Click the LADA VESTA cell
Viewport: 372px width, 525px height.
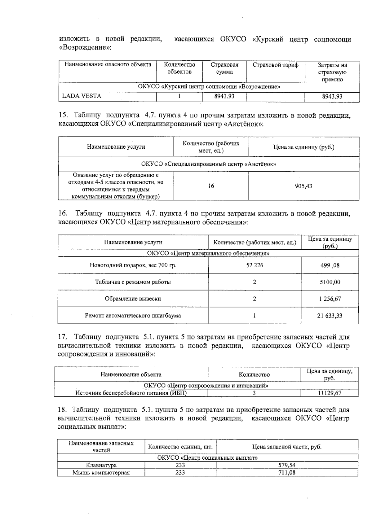[x=82, y=96]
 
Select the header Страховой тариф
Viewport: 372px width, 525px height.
[x=275, y=65]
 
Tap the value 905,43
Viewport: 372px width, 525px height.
[x=303, y=186]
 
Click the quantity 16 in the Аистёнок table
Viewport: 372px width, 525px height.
[x=211, y=186]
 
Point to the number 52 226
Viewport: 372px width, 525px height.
[x=255, y=265]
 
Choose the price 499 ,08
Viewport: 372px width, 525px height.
[x=330, y=265]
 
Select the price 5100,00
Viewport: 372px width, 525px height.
[x=330, y=282]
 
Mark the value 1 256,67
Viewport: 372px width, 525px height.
[x=330, y=299]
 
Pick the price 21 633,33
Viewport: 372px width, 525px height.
[x=330, y=316]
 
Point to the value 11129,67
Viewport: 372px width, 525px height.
[x=330, y=393]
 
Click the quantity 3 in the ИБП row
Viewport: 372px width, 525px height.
[x=254, y=393]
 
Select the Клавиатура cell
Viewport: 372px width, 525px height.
[x=101, y=465]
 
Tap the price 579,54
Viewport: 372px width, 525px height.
[x=287, y=465]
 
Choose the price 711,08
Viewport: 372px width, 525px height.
[x=287, y=473]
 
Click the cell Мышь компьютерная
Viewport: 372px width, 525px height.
[x=101, y=473]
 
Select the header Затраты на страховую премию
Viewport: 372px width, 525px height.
[x=332, y=72]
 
